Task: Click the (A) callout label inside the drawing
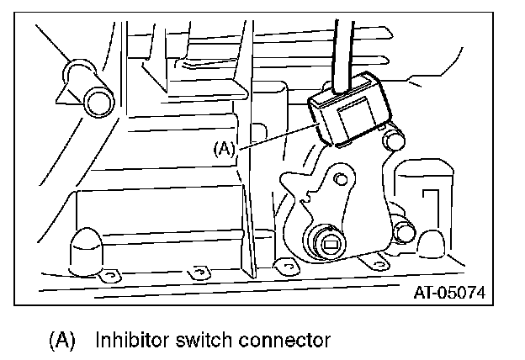coord(224,149)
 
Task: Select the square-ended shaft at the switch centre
coord(329,245)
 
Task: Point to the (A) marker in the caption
coord(62,341)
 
